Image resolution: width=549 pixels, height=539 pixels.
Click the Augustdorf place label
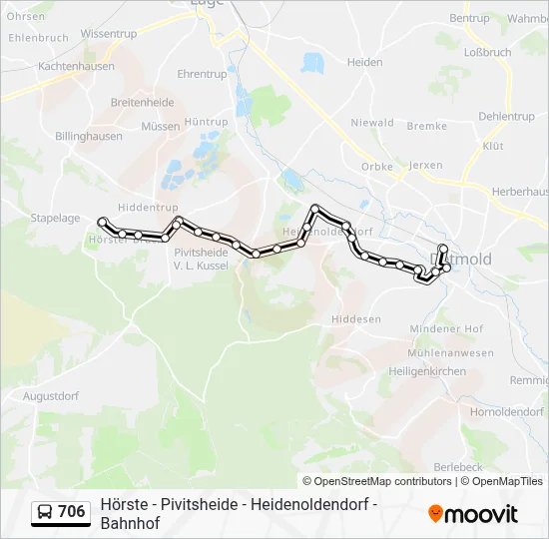pos(50,396)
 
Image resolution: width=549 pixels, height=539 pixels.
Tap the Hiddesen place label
pos(356,319)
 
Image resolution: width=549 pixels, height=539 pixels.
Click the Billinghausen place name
pos(89,137)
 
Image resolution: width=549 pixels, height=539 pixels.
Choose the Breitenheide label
pos(143,102)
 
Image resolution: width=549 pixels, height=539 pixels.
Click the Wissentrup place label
pos(109,34)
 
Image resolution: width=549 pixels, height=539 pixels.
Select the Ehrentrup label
pos(202,75)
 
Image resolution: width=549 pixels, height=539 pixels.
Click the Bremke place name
pos(427,127)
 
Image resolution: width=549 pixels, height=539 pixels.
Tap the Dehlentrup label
pos(506,117)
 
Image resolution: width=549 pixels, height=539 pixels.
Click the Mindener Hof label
pos(446,329)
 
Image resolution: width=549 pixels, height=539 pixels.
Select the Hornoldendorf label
pos(506,411)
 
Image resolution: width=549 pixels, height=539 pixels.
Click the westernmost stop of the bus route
pos(102,222)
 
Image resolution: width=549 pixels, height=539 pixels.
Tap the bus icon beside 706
pos(46,512)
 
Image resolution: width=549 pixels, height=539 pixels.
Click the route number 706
pos(72,512)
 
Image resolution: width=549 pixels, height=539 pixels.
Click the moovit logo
pos(473,514)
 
